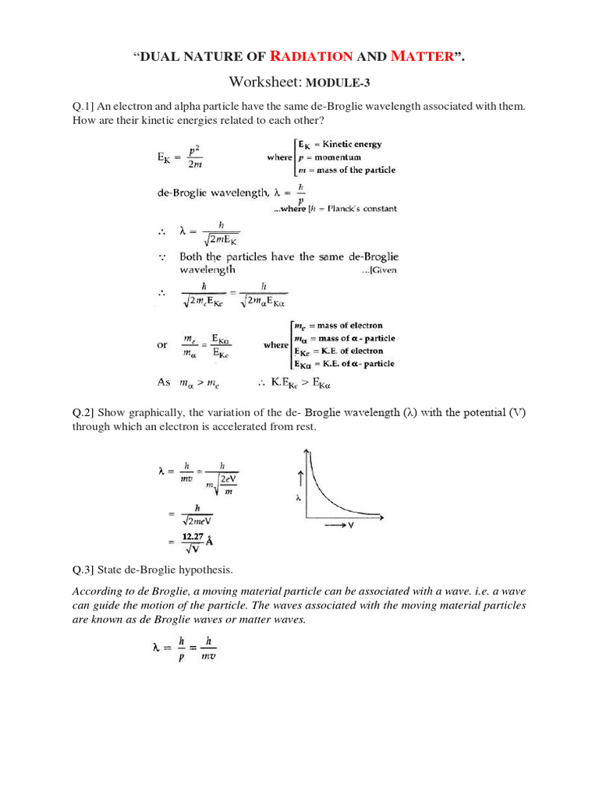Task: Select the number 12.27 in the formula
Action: [193, 537]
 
